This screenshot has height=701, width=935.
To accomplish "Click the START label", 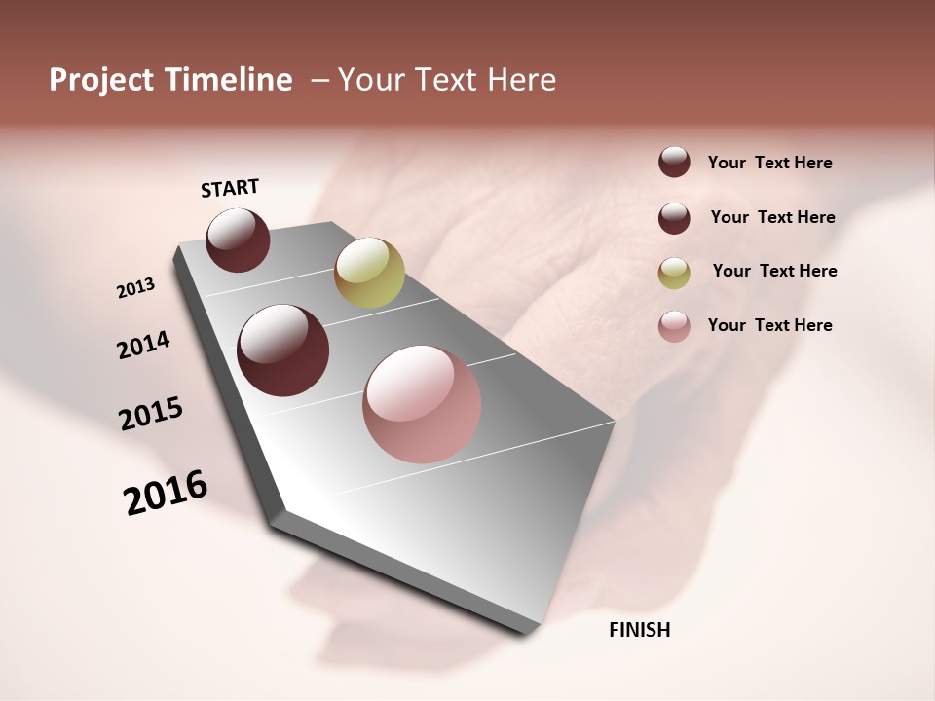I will coord(230,187).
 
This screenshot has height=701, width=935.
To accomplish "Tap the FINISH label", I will coord(639,629).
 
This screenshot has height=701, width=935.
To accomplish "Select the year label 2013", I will coord(135,288).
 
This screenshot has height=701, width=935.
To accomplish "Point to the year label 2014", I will coord(143,345).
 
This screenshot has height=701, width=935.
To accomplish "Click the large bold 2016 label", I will coord(166,493).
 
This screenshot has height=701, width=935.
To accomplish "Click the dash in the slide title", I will coord(319,80).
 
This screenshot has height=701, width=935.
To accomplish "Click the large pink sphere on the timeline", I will coord(422,404).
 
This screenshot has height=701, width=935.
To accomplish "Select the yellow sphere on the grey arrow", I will coord(369,272).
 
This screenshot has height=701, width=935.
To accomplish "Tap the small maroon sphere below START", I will coord(238,240).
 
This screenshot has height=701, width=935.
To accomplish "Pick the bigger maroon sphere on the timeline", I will coord(283,350).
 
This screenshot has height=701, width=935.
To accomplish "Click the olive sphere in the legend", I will coord(674,273).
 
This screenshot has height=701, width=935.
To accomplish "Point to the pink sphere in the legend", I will coord(674,326).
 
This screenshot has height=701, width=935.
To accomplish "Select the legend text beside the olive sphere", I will coord(774,271).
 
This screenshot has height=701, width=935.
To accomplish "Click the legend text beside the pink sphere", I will coord(769,325).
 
